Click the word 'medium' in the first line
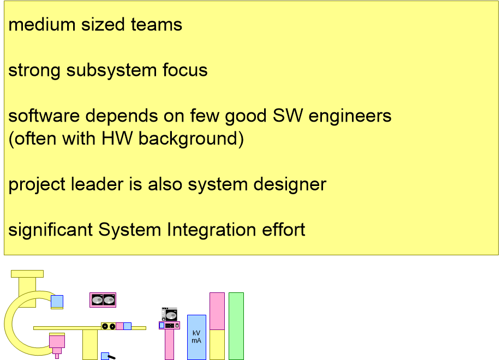[x=41, y=25]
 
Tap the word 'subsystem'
[x=111, y=70]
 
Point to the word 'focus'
[x=185, y=70]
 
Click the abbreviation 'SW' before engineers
[x=288, y=116]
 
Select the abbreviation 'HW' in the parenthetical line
[x=117, y=139]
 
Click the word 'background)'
[x=191, y=140]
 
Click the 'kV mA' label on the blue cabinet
[x=196, y=337]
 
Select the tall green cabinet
[x=236, y=326]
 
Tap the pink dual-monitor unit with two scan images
[x=103, y=300]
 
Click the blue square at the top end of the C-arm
[x=57, y=302]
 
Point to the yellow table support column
[x=90, y=345]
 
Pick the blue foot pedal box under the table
[x=105, y=356]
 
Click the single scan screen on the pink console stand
[x=170, y=314]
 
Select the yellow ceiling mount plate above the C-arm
[x=27, y=274]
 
